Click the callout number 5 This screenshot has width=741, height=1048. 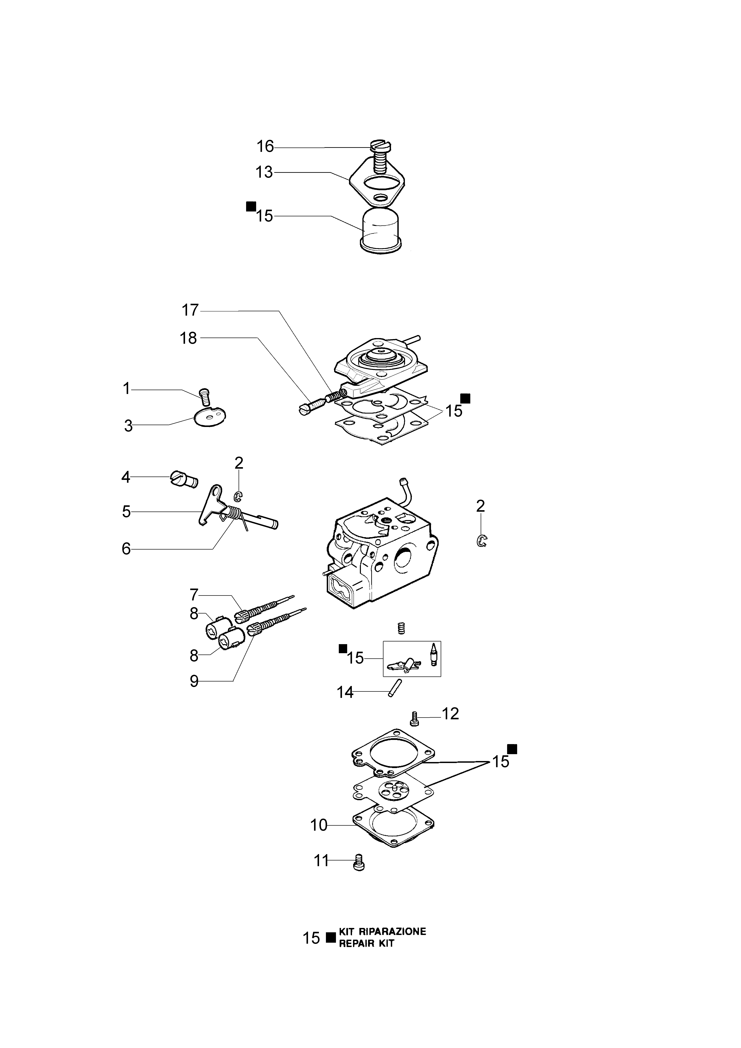pyautogui.click(x=126, y=512)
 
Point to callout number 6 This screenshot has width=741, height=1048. pyautogui.click(x=126, y=548)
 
